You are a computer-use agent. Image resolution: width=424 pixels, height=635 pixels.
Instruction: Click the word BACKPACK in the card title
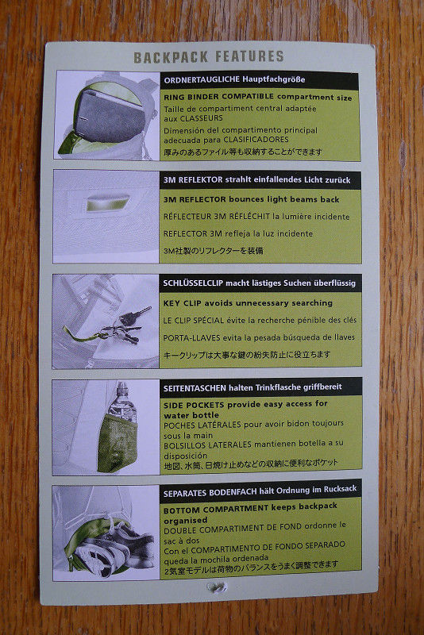(171, 57)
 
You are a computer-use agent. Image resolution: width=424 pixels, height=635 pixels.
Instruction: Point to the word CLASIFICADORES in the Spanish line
(256, 140)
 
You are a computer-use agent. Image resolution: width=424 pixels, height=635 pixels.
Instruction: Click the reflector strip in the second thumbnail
(108, 202)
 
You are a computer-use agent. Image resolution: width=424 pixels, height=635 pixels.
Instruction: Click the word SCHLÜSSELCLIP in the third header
(193, 283)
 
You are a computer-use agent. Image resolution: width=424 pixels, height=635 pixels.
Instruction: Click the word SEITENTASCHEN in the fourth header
(195, 388)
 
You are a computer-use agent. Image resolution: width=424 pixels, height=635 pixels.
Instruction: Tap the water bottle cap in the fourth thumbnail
(122, 387)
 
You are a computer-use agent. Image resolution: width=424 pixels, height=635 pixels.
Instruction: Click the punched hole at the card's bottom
(215, 587)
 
